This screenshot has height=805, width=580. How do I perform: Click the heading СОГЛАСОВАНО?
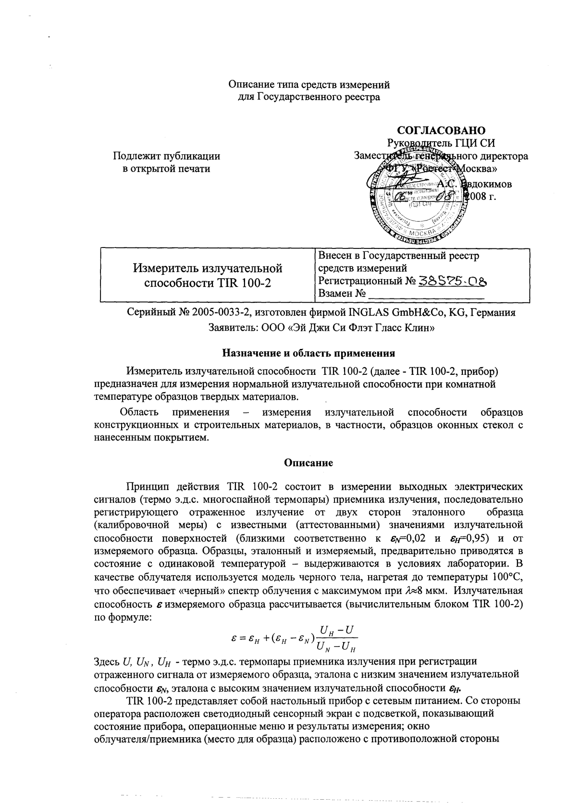click(x=441, y=130)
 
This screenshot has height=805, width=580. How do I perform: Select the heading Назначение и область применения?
click(x=308, y=353)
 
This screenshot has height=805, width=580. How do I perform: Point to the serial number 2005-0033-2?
click(x=221, y=312)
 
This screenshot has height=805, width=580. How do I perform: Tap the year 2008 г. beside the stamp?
click(x=481, y=197)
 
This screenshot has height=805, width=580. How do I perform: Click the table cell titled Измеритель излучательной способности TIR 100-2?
click(x=208, y=275)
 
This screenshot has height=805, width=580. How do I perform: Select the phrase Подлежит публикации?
click(x=166, y=156)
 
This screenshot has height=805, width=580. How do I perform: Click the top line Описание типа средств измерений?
click(x=309, y=85)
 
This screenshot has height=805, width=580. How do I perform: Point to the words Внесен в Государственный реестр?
click(x=398, y=256)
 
